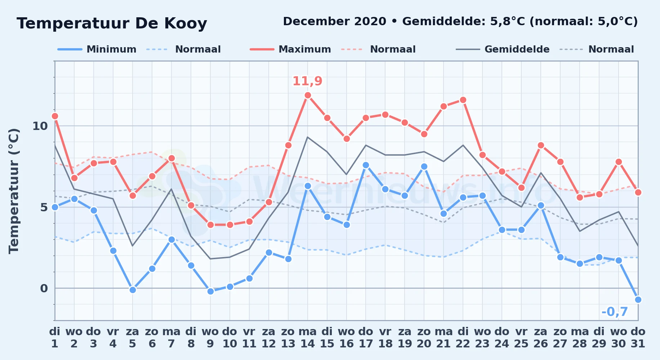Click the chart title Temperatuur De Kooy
[112, 24]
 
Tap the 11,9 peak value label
[307, 81]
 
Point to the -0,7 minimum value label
[615, 312]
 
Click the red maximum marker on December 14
[308, 95]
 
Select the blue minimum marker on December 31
[638, 300]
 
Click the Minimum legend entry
[97, 49]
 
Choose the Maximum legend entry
[290, 49]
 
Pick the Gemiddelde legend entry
[503, 49]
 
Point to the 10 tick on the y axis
[40, 126]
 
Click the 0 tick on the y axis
[44, 288]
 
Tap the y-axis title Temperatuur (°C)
[14, 191]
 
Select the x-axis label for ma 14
[308, 338]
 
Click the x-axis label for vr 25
[521, 338]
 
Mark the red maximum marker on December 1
[55, 116]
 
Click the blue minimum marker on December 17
[366, 165]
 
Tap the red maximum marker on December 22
[463, 100]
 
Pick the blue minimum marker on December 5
[133, 290]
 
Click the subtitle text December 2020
[335, 22]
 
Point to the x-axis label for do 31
[638, 338]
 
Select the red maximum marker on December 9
[210, 225]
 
